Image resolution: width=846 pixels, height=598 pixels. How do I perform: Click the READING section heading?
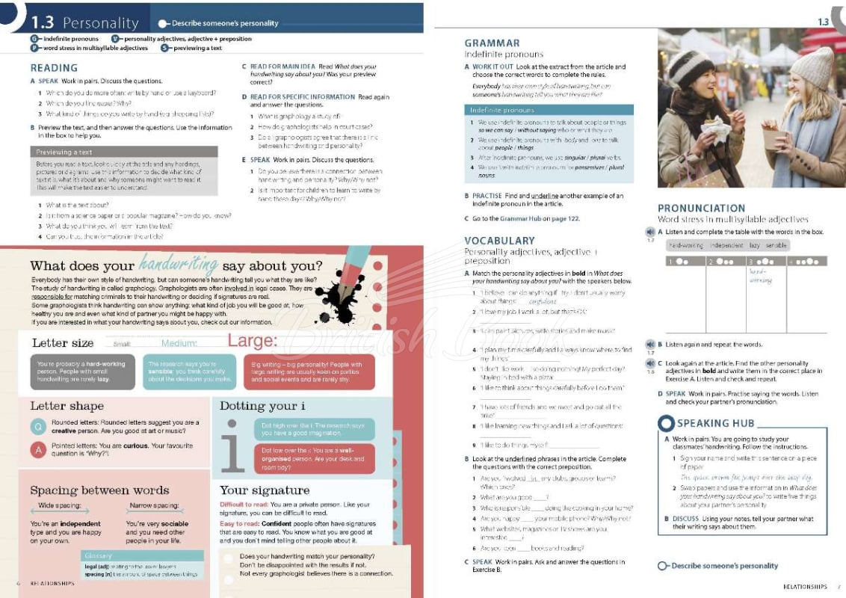click(x=55, y=67)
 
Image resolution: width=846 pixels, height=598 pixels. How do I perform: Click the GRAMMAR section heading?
click(x=492, y=43)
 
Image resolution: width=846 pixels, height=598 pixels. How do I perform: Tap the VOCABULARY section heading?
click(x=499, y=241)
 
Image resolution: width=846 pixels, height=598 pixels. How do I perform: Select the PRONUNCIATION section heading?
click(x=701, y=209)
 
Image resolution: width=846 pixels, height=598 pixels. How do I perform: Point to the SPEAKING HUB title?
click(x=715, y=423)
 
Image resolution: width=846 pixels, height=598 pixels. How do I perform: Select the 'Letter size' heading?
click(x=63, y=343)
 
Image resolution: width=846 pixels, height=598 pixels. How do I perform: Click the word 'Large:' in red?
click(x=252, y=342)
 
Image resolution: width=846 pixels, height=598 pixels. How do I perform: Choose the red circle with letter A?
click(x=39, y=450)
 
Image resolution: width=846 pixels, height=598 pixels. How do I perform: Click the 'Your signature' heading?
click(x=265, y=490)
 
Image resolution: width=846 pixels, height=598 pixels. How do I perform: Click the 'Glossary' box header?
click(x=98, y=555)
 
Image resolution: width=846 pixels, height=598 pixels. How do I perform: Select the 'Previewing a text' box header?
click(x=64, y=152)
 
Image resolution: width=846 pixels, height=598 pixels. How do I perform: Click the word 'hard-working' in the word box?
click(x=685, y=245)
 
